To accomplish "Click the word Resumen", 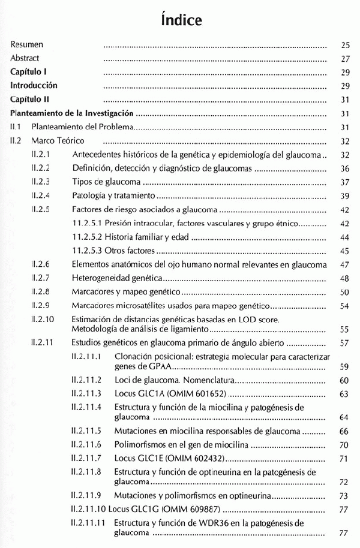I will tap(26, 44).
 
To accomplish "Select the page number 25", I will tap(344, 44).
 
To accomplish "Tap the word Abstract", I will tap(25, 59).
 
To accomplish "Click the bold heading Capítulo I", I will tap(28, 72).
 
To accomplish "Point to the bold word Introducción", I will tap(34, 86).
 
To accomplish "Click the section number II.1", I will tap(16, 127).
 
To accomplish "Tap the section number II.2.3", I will tap(40, 182).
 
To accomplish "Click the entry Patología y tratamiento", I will tap(113, 195).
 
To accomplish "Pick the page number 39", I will tap(344, 195).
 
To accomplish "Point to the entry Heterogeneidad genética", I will tap(117, 279).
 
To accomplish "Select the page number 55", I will tap(344, 329).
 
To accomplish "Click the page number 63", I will tap(344, 394).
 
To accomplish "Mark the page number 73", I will tap(344, 496).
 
